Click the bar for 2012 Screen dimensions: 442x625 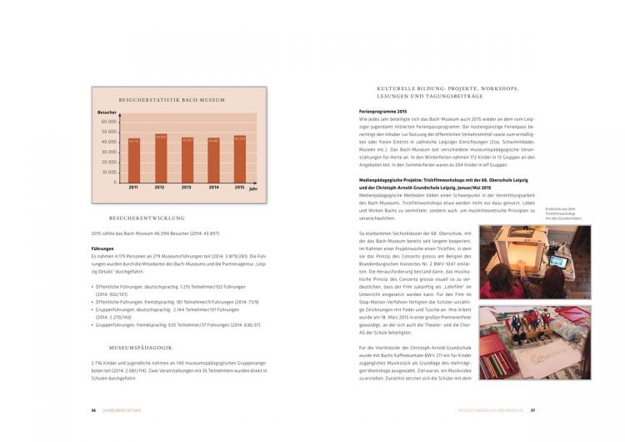click(x=160, y=158)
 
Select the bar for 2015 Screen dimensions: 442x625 click(x=239, y=158)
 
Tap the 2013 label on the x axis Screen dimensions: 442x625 click(x=187, y=187)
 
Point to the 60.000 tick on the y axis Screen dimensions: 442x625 click(x=109, y=122)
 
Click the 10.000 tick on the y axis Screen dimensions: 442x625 click(x=109, y=172)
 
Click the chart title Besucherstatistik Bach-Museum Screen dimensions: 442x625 click(x=172, y=100)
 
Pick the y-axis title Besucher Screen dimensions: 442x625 click(x=107, y=111)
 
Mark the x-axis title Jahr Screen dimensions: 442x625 click(x=253, y=189)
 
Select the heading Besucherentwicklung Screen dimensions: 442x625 click(x=147, y=218)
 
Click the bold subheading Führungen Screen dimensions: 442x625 click(x=103, y=249)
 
